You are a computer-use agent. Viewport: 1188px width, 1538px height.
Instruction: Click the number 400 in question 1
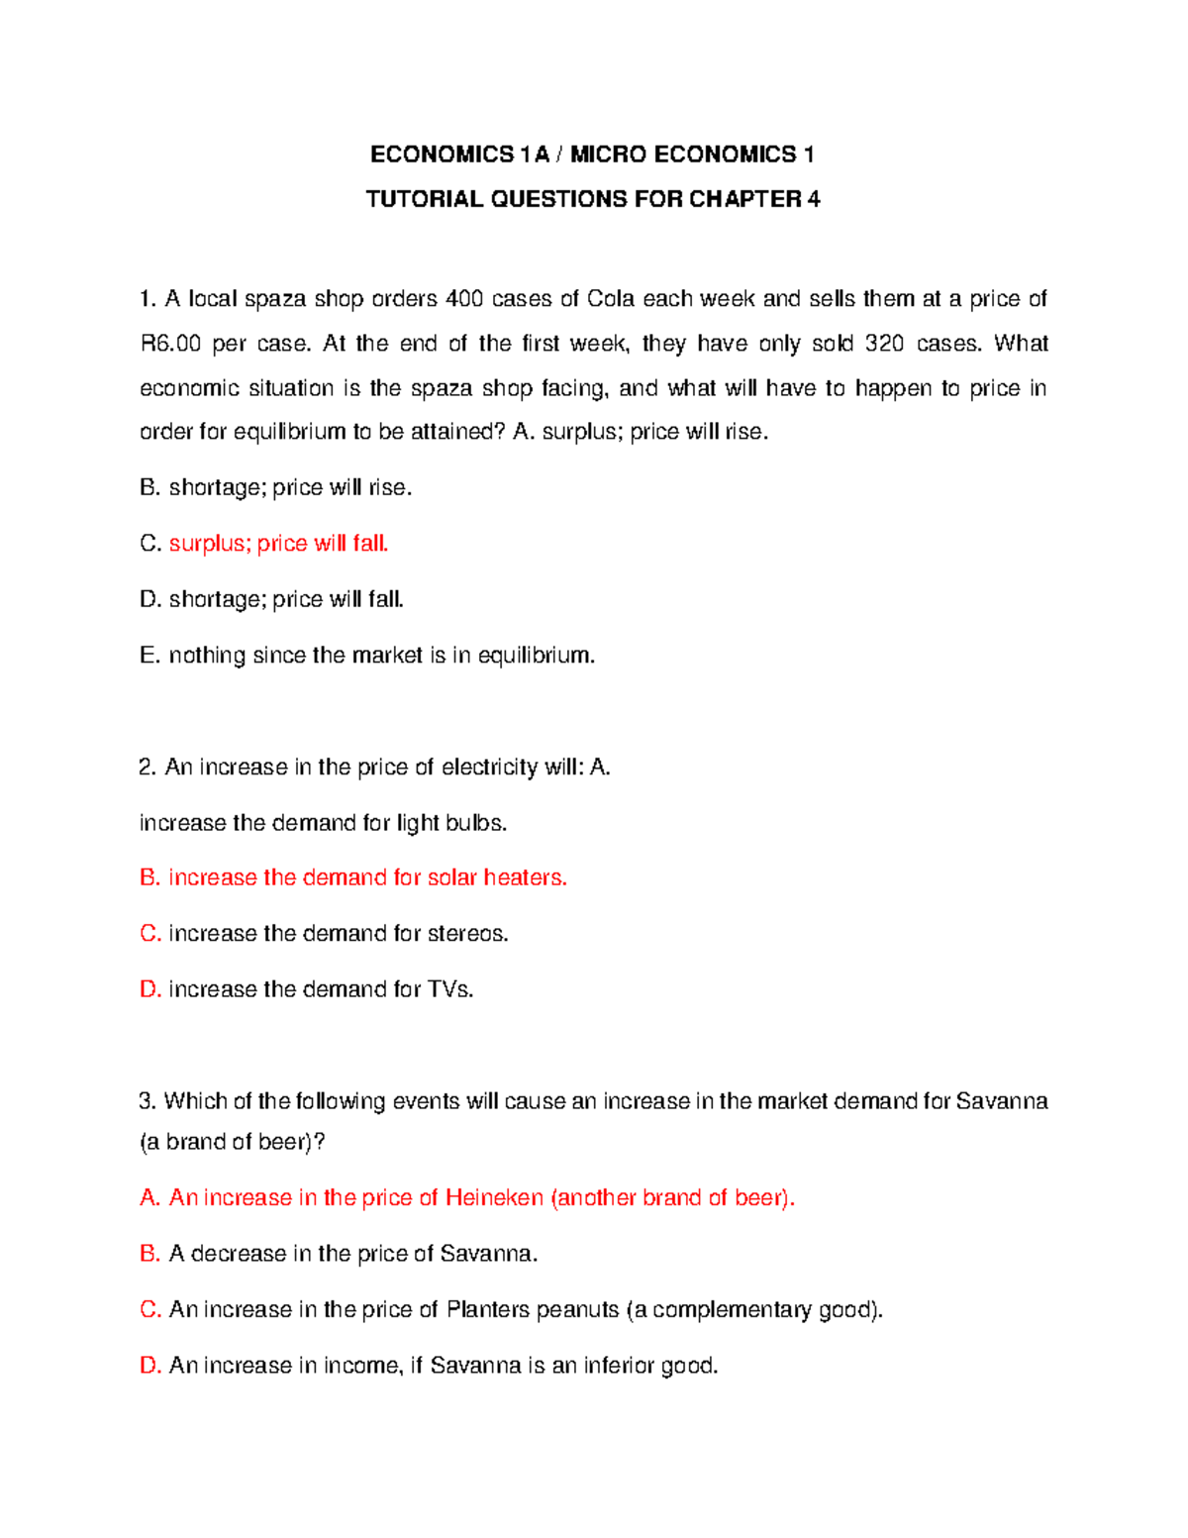464,299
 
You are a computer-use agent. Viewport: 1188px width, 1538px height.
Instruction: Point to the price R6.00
170,344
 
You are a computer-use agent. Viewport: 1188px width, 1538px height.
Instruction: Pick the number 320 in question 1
884,344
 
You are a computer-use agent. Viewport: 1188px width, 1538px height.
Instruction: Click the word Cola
610,299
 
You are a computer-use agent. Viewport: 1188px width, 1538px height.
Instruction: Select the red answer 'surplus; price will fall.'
278,544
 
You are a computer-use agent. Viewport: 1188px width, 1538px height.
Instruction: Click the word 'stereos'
467,934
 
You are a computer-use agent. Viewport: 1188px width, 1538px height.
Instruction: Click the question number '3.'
148,1101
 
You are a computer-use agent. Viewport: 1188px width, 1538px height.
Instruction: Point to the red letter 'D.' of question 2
150,989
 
